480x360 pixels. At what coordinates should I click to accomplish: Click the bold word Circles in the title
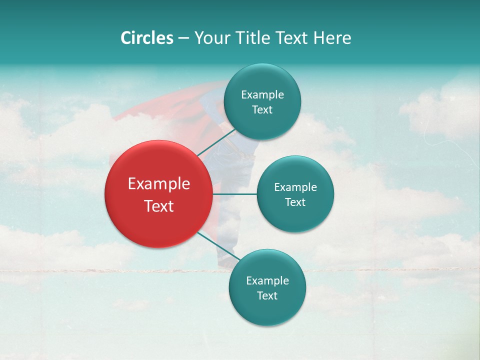point(147,38)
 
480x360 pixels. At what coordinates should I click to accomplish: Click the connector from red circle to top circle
point(216,142)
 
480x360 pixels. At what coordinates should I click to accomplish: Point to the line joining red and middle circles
point(234,194)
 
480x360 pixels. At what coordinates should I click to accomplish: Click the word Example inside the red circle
point(159,184)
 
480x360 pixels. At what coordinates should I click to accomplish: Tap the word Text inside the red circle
point(159,206)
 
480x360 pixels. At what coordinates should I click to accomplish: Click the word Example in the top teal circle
point(262,95)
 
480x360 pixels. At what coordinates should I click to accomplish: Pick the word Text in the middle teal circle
point(295,202)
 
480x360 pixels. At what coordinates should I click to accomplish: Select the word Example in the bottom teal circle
point(267,281)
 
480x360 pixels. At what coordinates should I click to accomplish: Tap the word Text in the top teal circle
point(262,110)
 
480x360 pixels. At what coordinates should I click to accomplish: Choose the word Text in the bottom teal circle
point(267,296)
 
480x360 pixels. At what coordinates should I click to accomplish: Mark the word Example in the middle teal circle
point(295,187)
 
